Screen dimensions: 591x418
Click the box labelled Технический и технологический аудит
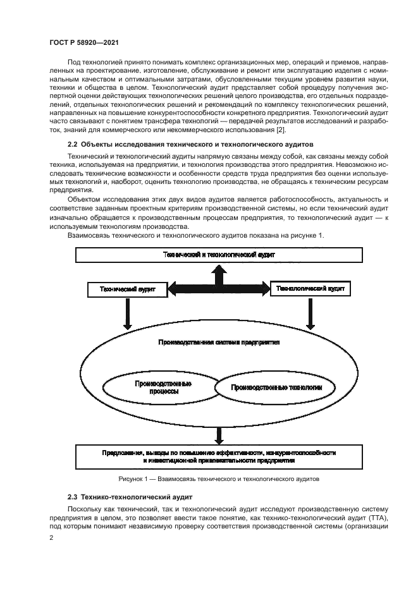pos(218,254)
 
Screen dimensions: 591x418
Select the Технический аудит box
pos(128,289)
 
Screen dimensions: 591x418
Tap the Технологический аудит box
pos(310,288)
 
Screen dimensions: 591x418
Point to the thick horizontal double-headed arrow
pos(219,289)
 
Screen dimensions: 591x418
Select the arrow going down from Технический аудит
pos(128,313)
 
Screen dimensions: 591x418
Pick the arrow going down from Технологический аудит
pos(310,313)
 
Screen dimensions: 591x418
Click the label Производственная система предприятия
pos(218,342)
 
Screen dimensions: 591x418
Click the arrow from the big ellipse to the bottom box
pos(219,435)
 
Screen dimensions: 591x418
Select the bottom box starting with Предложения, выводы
pos(218,456)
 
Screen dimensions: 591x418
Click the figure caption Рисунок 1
pos(218,479)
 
